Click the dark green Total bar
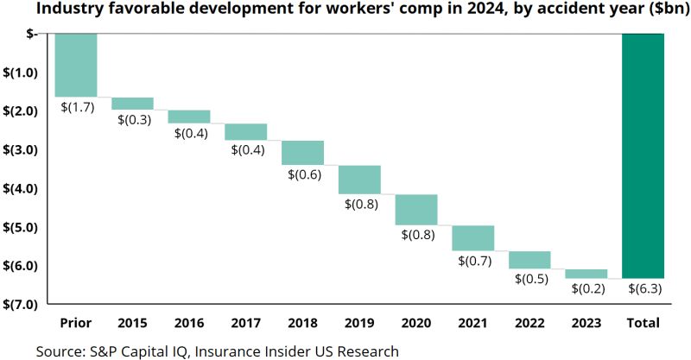tap(643, 155)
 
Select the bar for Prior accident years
tap(76, 65)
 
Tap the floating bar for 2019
tap(359, 180)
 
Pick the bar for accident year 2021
tap(473, 237)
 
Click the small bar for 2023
tap(586, 274)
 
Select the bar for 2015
tap(133, 104)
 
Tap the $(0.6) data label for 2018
tap(303, 174)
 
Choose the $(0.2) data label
tap(587, 289)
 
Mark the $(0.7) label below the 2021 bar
tap(473, 261)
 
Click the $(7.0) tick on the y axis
tap(20, 304)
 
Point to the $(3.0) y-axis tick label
tap(20, 149)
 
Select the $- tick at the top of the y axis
tap(30, 33)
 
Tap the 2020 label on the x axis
tap(416, 324)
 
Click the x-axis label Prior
tap(76, 324)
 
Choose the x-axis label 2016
tap(189, 324)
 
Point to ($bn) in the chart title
tap(666, 10)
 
